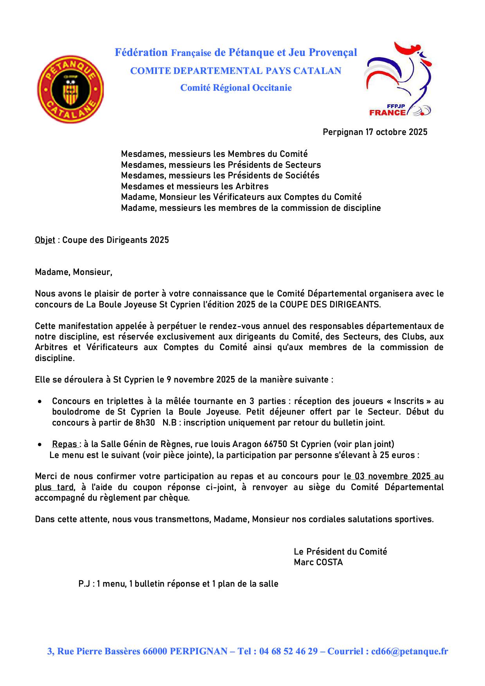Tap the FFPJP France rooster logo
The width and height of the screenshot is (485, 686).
tap(398, 80)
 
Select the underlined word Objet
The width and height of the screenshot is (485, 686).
tap(45, 240)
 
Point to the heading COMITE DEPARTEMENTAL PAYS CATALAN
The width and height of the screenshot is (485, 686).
tap(235, 71)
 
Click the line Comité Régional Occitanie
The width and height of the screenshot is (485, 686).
tap(235, 88)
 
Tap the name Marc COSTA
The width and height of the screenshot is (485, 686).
tap(318, 562)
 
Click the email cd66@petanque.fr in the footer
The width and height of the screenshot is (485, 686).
tap(410, 651)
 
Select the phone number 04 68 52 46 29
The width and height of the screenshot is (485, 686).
tap(288, 651)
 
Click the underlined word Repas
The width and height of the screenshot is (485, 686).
tap(65, 444)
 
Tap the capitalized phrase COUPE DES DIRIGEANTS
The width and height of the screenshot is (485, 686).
tap(329, 304)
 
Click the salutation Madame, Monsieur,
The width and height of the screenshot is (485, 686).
tap(73, 272)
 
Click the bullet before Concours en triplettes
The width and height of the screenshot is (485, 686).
tap(40, 402)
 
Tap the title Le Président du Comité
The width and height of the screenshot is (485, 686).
tap(340, 551)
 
